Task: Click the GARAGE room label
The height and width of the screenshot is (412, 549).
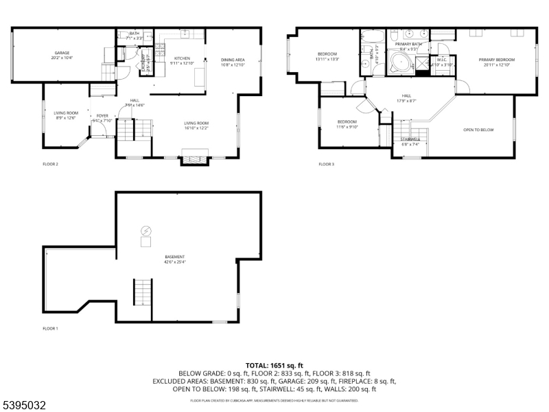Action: pyautogui.click(x=62, y=53)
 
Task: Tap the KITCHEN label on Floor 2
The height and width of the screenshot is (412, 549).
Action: pyautogui.click(x=182, y=58)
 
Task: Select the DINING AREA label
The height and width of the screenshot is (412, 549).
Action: pyautogui.click(x=233, y=60)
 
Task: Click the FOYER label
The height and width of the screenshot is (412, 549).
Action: pyautogui.click(x=102, y=115)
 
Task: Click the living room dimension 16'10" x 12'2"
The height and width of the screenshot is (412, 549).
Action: pyautogui.click(x=196, y=128)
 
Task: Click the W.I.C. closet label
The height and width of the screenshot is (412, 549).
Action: pyautogui.click(x=442, y=60)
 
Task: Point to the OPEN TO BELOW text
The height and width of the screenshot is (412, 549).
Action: pyautogui.click(x=478, y=130)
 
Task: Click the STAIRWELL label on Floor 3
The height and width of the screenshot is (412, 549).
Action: pyautogui.click(x=410, y=139)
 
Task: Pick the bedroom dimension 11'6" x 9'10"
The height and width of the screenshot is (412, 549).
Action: pyautogui.click(x=347, y=127)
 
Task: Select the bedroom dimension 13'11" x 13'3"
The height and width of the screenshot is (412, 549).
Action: pyautogui.click(x=327, y=59)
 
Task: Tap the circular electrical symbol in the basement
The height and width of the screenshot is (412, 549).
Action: pyautogui.click(x=145, y=230)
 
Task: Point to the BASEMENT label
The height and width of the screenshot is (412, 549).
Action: pyautogui.click(x=174, y=257)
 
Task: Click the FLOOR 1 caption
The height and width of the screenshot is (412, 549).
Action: pyautogui.click(x=50, y=329)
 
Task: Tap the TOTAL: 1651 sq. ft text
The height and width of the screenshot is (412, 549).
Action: pyautogui.click(x=274, y=365)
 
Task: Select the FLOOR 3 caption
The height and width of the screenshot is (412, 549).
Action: pyautogui.click(x=326, y=164)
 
